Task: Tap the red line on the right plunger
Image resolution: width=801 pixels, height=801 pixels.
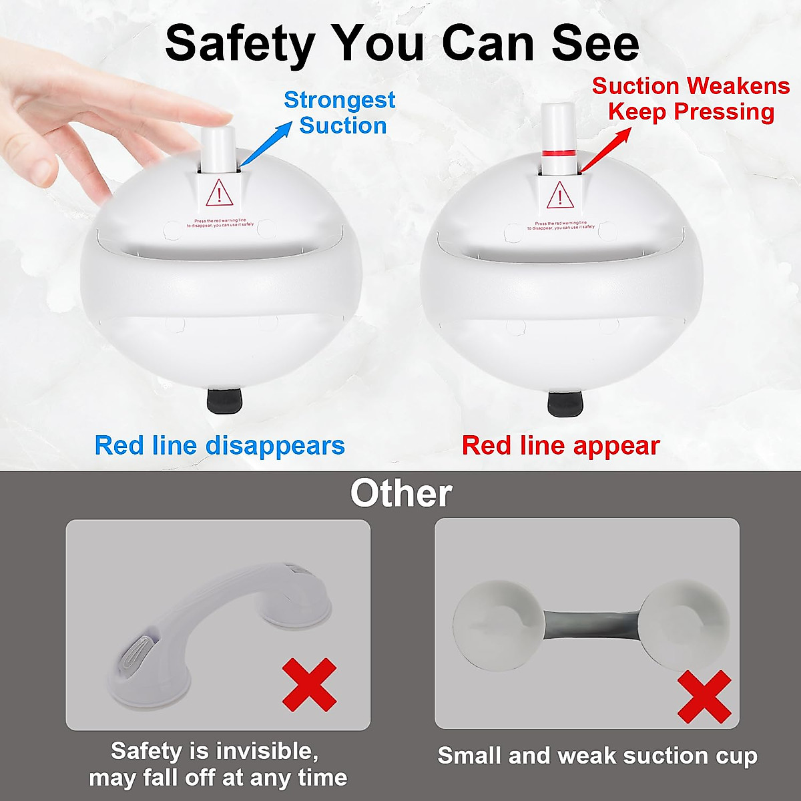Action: tap(559, 154)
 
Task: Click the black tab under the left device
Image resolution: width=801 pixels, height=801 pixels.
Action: tap(224, 400)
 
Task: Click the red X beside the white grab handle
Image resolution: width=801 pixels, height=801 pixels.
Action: tap(309, 684)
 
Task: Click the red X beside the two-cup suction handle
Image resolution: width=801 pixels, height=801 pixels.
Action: tap(704, 696)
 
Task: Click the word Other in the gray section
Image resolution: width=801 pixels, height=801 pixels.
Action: tap(400, 494)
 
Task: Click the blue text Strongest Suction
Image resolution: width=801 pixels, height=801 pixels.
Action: tap(340, 113)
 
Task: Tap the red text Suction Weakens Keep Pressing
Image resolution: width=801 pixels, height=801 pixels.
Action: tap(691, 99)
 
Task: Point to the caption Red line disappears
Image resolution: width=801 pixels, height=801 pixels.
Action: tap(220, 445)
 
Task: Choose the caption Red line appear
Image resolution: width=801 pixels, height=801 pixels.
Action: tap(561, 445)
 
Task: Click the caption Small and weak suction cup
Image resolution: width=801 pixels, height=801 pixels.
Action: tap(597, 756)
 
